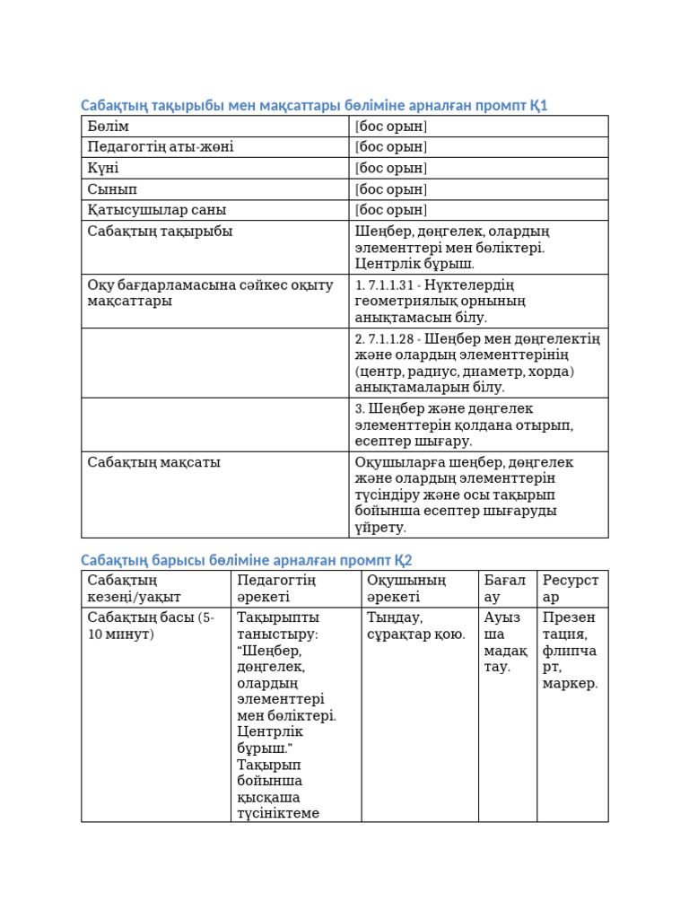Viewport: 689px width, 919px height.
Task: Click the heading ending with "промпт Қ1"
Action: [x=314, y=106]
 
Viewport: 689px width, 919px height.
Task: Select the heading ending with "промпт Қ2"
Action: [x=247, y=561]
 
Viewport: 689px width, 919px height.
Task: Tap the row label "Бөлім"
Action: [x=109, y=127]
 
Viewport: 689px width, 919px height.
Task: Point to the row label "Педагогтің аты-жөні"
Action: [x=161, y=147]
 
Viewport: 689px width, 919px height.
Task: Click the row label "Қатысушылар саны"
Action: [x=157, y=210]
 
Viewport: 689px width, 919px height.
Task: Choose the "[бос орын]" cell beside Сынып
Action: [x=391, y=189]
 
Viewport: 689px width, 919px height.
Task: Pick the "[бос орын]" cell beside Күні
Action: [x=391, y=169]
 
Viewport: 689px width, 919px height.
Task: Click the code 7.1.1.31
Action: [x=390, y=285]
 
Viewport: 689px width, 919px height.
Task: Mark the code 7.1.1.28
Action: [x=391, y=339]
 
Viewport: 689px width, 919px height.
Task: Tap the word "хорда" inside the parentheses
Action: [x=551, y=372]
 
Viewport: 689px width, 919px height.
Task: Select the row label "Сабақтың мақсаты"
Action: [x=153, y=463]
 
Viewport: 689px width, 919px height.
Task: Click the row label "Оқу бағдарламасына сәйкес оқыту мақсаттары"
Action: [x=210, y=293]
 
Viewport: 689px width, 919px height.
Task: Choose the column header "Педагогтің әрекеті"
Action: [x=276, y=589]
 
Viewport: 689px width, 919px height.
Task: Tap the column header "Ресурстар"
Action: [x=571, y=589]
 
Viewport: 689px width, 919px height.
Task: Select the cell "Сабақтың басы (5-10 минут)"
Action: [x=151, y=626]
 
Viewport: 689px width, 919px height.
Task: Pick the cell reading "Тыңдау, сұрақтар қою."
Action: [x=416, y=626]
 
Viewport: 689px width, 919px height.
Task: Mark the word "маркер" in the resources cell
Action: [x=569, y=684]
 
